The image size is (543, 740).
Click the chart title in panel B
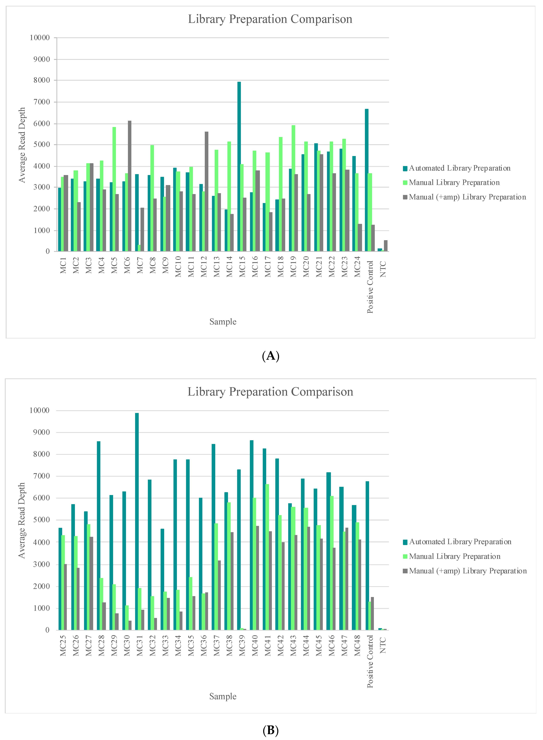click(270, 392)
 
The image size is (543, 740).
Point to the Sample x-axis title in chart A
click(223, 321)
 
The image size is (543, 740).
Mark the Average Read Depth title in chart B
click(22, 520)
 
